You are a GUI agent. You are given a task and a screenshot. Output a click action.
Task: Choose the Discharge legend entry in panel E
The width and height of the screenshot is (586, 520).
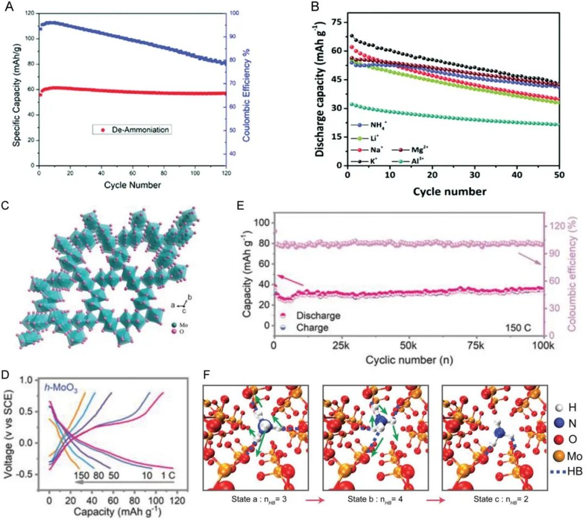pyautogui.click(x=317, y=316)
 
